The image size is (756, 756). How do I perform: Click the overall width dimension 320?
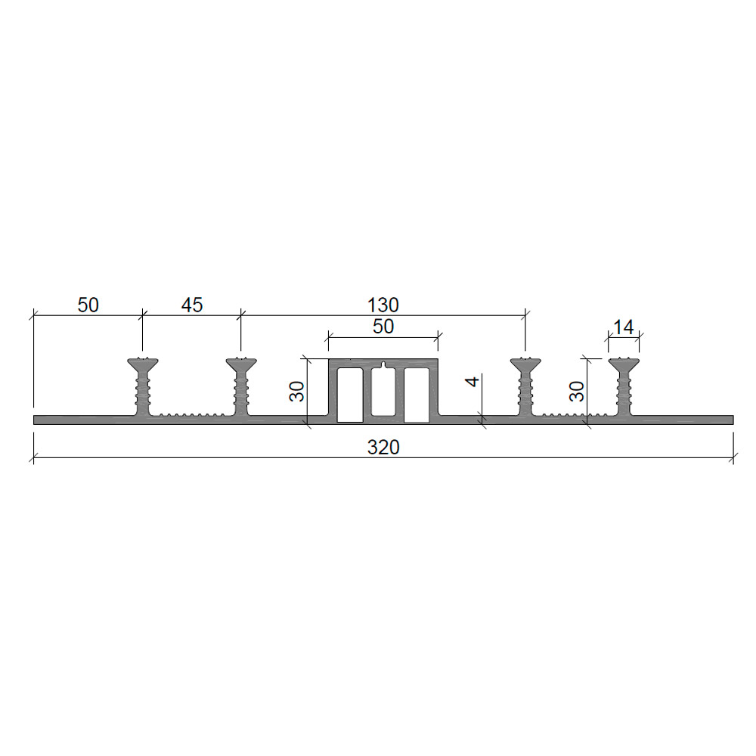(x=383, y=448)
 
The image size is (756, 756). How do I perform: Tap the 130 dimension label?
(x=383, y=305)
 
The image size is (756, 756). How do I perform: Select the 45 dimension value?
(x=192, y=305)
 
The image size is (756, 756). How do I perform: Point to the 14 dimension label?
(x=624, y=327)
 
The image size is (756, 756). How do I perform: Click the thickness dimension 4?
(x=472, y=381)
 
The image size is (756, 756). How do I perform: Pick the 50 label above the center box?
(x=383, y=327)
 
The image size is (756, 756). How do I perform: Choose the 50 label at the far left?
(x=88, y=305)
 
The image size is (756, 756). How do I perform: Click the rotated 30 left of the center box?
(x=297, y=391)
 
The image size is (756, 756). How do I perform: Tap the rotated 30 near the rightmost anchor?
(x=577, y=391)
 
